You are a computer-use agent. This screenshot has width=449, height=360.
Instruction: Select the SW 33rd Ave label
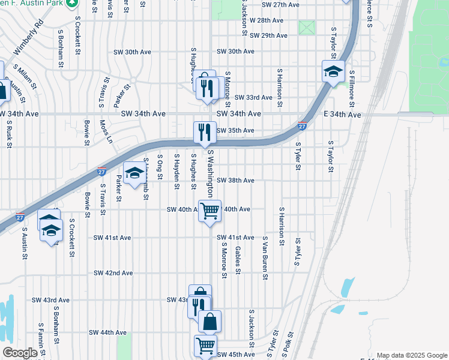click(x=253, y=97)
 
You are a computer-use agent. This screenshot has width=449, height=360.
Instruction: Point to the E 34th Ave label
click(x=343, y=114)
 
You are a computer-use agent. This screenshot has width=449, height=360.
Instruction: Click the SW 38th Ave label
click(x=235, y=180)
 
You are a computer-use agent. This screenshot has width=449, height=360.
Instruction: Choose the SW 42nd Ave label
click(x=113, y=273)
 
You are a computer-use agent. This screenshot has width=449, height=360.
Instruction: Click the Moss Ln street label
click(x=106, y=131)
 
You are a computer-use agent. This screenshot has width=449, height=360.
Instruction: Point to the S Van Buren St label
click(x=264, y=257)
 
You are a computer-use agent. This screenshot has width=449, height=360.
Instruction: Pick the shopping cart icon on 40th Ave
click(x=209, y=211)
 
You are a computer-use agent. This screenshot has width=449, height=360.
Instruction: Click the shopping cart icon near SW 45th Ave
click(x=205, y=346)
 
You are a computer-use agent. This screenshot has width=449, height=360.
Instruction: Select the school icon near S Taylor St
click(x=333, y=71)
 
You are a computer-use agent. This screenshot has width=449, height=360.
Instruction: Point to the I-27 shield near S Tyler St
click(x=303, y=126)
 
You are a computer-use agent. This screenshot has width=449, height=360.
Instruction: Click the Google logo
click(x=20, y=353)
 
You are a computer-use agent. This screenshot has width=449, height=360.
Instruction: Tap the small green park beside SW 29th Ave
click(x=307, y=28)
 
